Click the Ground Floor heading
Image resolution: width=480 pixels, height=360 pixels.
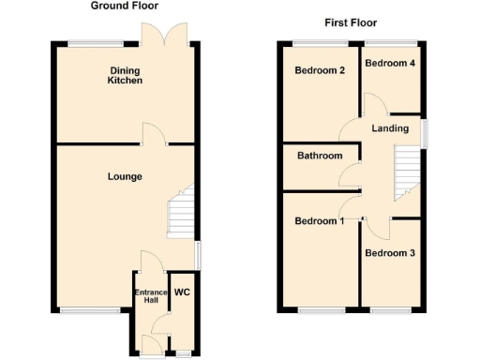click(x=124, y=6)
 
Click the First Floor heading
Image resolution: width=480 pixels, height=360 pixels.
click(x=351, y=22)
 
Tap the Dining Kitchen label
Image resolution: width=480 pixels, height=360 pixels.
click(x=125, y=76)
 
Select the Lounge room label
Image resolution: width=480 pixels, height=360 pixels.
click(x=125, y=175)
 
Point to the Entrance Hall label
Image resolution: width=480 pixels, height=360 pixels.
click(x=150, y=296)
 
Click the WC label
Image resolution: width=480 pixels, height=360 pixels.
click(x=182, y=292)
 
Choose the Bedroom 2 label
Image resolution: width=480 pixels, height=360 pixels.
click(x=321, y=70)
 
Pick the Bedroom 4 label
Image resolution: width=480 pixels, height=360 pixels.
click(x=390, y=63)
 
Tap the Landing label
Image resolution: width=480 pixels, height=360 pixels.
click(x=389, y=128)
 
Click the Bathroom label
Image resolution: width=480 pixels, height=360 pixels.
click(x=320, y=156)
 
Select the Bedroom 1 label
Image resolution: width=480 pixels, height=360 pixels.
click(x=320, y=221)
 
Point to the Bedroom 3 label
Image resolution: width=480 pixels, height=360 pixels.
click(x=390, y=253)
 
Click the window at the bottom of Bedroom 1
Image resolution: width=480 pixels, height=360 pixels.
click(x=319, y=309)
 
